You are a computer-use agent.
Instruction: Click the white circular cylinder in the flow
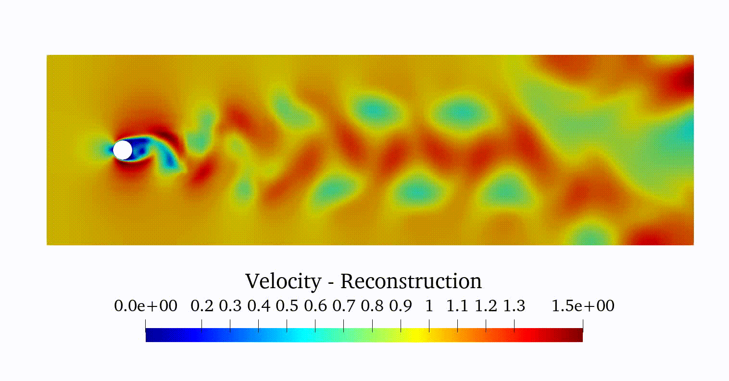tap(123, 150)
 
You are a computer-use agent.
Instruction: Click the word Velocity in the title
tap(283, 281)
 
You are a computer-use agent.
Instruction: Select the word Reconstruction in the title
tap(411, 281)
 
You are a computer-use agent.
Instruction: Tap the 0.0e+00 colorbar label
tap(146, 306)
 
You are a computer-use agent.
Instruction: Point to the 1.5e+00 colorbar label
tap(583, 306)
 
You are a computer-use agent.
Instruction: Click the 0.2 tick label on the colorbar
tap(202, 306)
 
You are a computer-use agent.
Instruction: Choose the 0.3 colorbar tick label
tap(230, 306)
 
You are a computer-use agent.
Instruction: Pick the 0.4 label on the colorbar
tap(259, 306)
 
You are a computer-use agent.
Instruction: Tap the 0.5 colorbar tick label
tap(287, 306)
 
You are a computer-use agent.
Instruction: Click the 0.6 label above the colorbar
tap(315, 306)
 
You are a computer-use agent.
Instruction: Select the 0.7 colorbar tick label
tap(344, 306)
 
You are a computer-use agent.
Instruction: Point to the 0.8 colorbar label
tap(372, 306)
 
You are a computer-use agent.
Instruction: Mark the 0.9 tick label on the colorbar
tap(401, 306)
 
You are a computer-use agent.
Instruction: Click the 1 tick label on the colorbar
tap(429, 306)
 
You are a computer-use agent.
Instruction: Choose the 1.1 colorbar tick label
tap(457, 306)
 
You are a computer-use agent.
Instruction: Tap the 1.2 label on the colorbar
tap(486, 306)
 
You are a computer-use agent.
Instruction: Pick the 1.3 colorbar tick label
tap(514, 306)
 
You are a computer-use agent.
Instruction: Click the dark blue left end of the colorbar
tap(149, 335)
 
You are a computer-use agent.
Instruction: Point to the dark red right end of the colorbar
tap(579, 335)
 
